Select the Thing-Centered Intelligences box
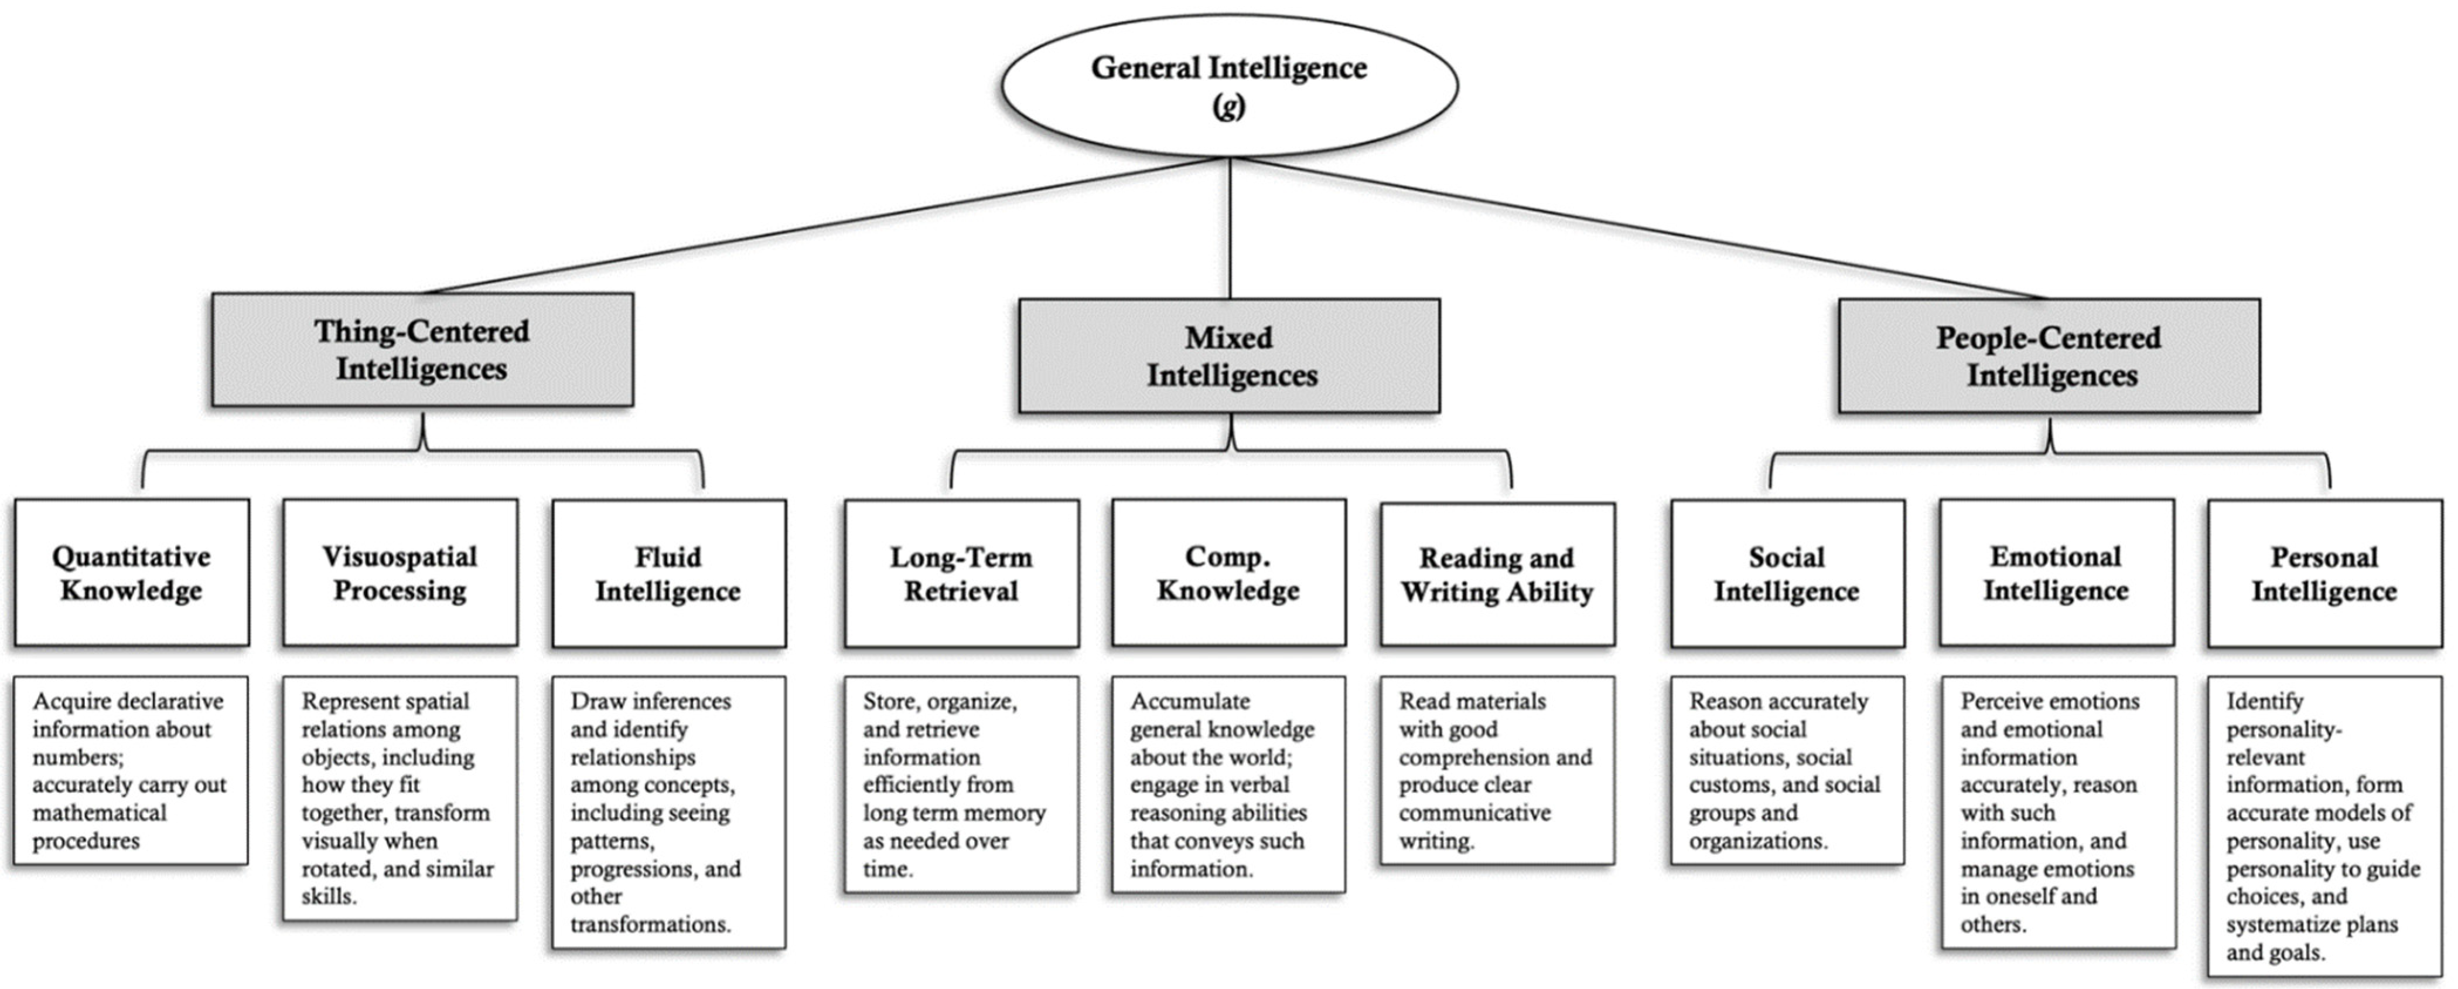(422, 349)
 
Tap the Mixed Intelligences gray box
(1229, 356)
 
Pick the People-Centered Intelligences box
(2049, 356)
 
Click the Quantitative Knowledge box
(132, 573)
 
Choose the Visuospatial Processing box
(400, 573)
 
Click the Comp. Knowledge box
(1228, 573)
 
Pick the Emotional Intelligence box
(2056, 573)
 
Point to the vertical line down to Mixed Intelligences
(1230, 229)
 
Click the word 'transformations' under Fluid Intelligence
(649, 924)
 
